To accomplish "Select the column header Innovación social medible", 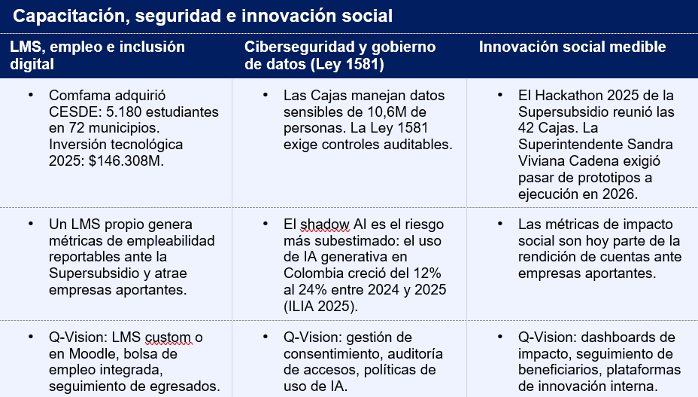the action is (572, 47).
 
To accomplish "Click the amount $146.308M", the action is (126, 160).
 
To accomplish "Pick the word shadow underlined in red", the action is (325, 224).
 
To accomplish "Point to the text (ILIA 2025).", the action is (320, 307).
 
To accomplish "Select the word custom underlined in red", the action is (168, 337).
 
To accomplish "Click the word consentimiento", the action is (332, 354).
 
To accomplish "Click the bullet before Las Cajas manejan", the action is (266, 95).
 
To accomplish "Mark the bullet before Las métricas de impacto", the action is (500, 224).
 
